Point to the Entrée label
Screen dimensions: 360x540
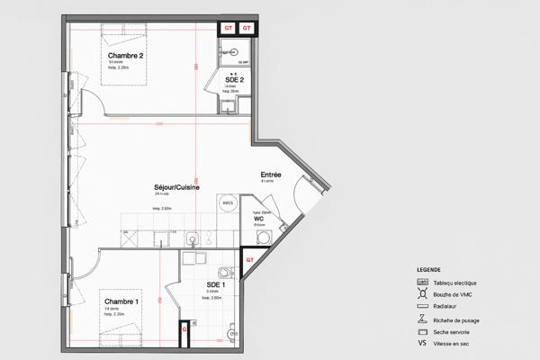[271, 175]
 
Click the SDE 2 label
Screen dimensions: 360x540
[235, 79]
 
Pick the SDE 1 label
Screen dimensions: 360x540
[215, 284]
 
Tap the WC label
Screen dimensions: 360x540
[258, 219]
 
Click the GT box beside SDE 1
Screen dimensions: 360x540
[251, 259]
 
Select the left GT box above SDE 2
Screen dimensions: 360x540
[228, 28]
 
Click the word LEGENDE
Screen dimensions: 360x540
[428, 270]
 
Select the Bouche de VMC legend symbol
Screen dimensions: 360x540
[421, 294]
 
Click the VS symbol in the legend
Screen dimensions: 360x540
[421, 343]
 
